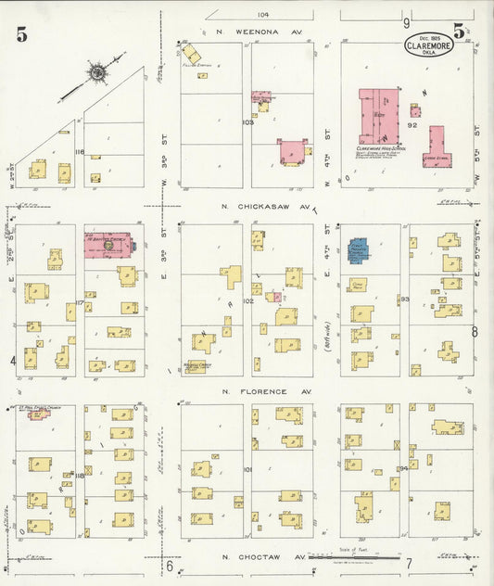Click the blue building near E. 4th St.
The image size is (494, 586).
358,249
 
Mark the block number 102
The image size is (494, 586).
247,301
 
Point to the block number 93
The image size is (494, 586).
404,299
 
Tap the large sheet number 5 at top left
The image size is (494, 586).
20,35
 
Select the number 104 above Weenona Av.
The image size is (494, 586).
263,15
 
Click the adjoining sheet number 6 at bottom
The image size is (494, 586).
170,565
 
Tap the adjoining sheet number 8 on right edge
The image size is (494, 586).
475,331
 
